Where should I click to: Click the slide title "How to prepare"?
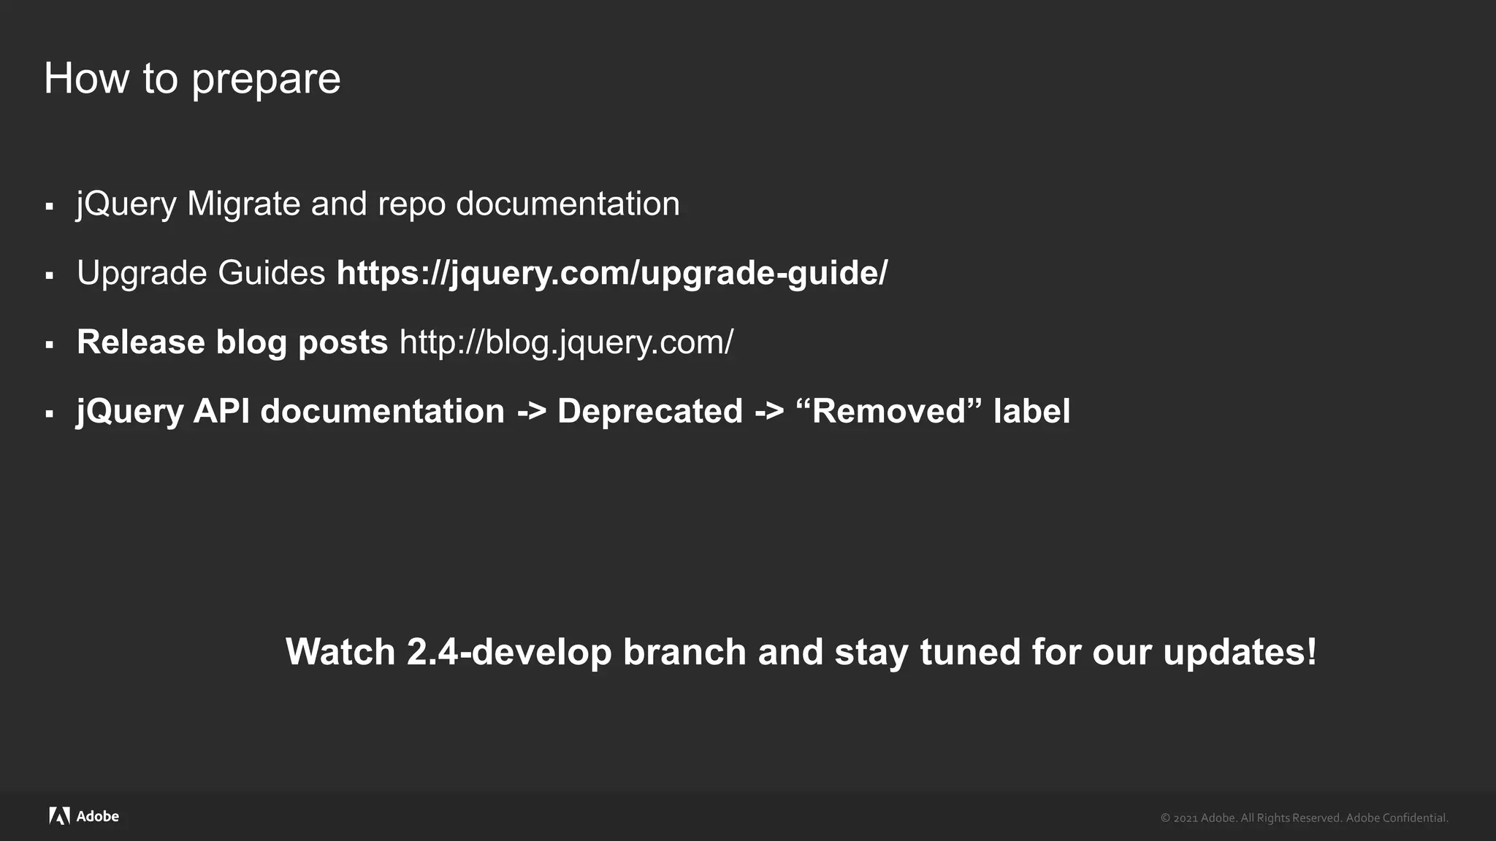[x=192, y=79]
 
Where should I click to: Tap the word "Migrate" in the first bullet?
[x=243, y=204]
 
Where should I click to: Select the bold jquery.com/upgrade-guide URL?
[x=611, y=273]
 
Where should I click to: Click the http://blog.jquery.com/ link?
[x=566, y=342]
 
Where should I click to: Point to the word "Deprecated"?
[x=649, y=411]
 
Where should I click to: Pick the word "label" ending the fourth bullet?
[x=1031, y=411]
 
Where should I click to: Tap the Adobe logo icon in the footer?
[x=59, y=816]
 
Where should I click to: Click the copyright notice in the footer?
[x=1304, y=818]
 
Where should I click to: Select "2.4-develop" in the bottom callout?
[x=508, y=652]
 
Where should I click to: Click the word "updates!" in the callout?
[x=1240, y=652]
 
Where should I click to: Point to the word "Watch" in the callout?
[x=340, y=652]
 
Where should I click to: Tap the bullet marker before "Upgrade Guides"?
[x=50, y=276]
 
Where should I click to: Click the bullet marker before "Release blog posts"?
[x=50, y=345]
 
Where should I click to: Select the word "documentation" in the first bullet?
[x=568, y=204]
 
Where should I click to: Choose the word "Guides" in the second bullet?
[x=271, y=273]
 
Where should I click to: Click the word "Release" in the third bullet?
[x=140, y=342]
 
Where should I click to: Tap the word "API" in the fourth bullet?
[x=221, y=411]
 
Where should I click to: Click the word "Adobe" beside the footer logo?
[x=98, y=816]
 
